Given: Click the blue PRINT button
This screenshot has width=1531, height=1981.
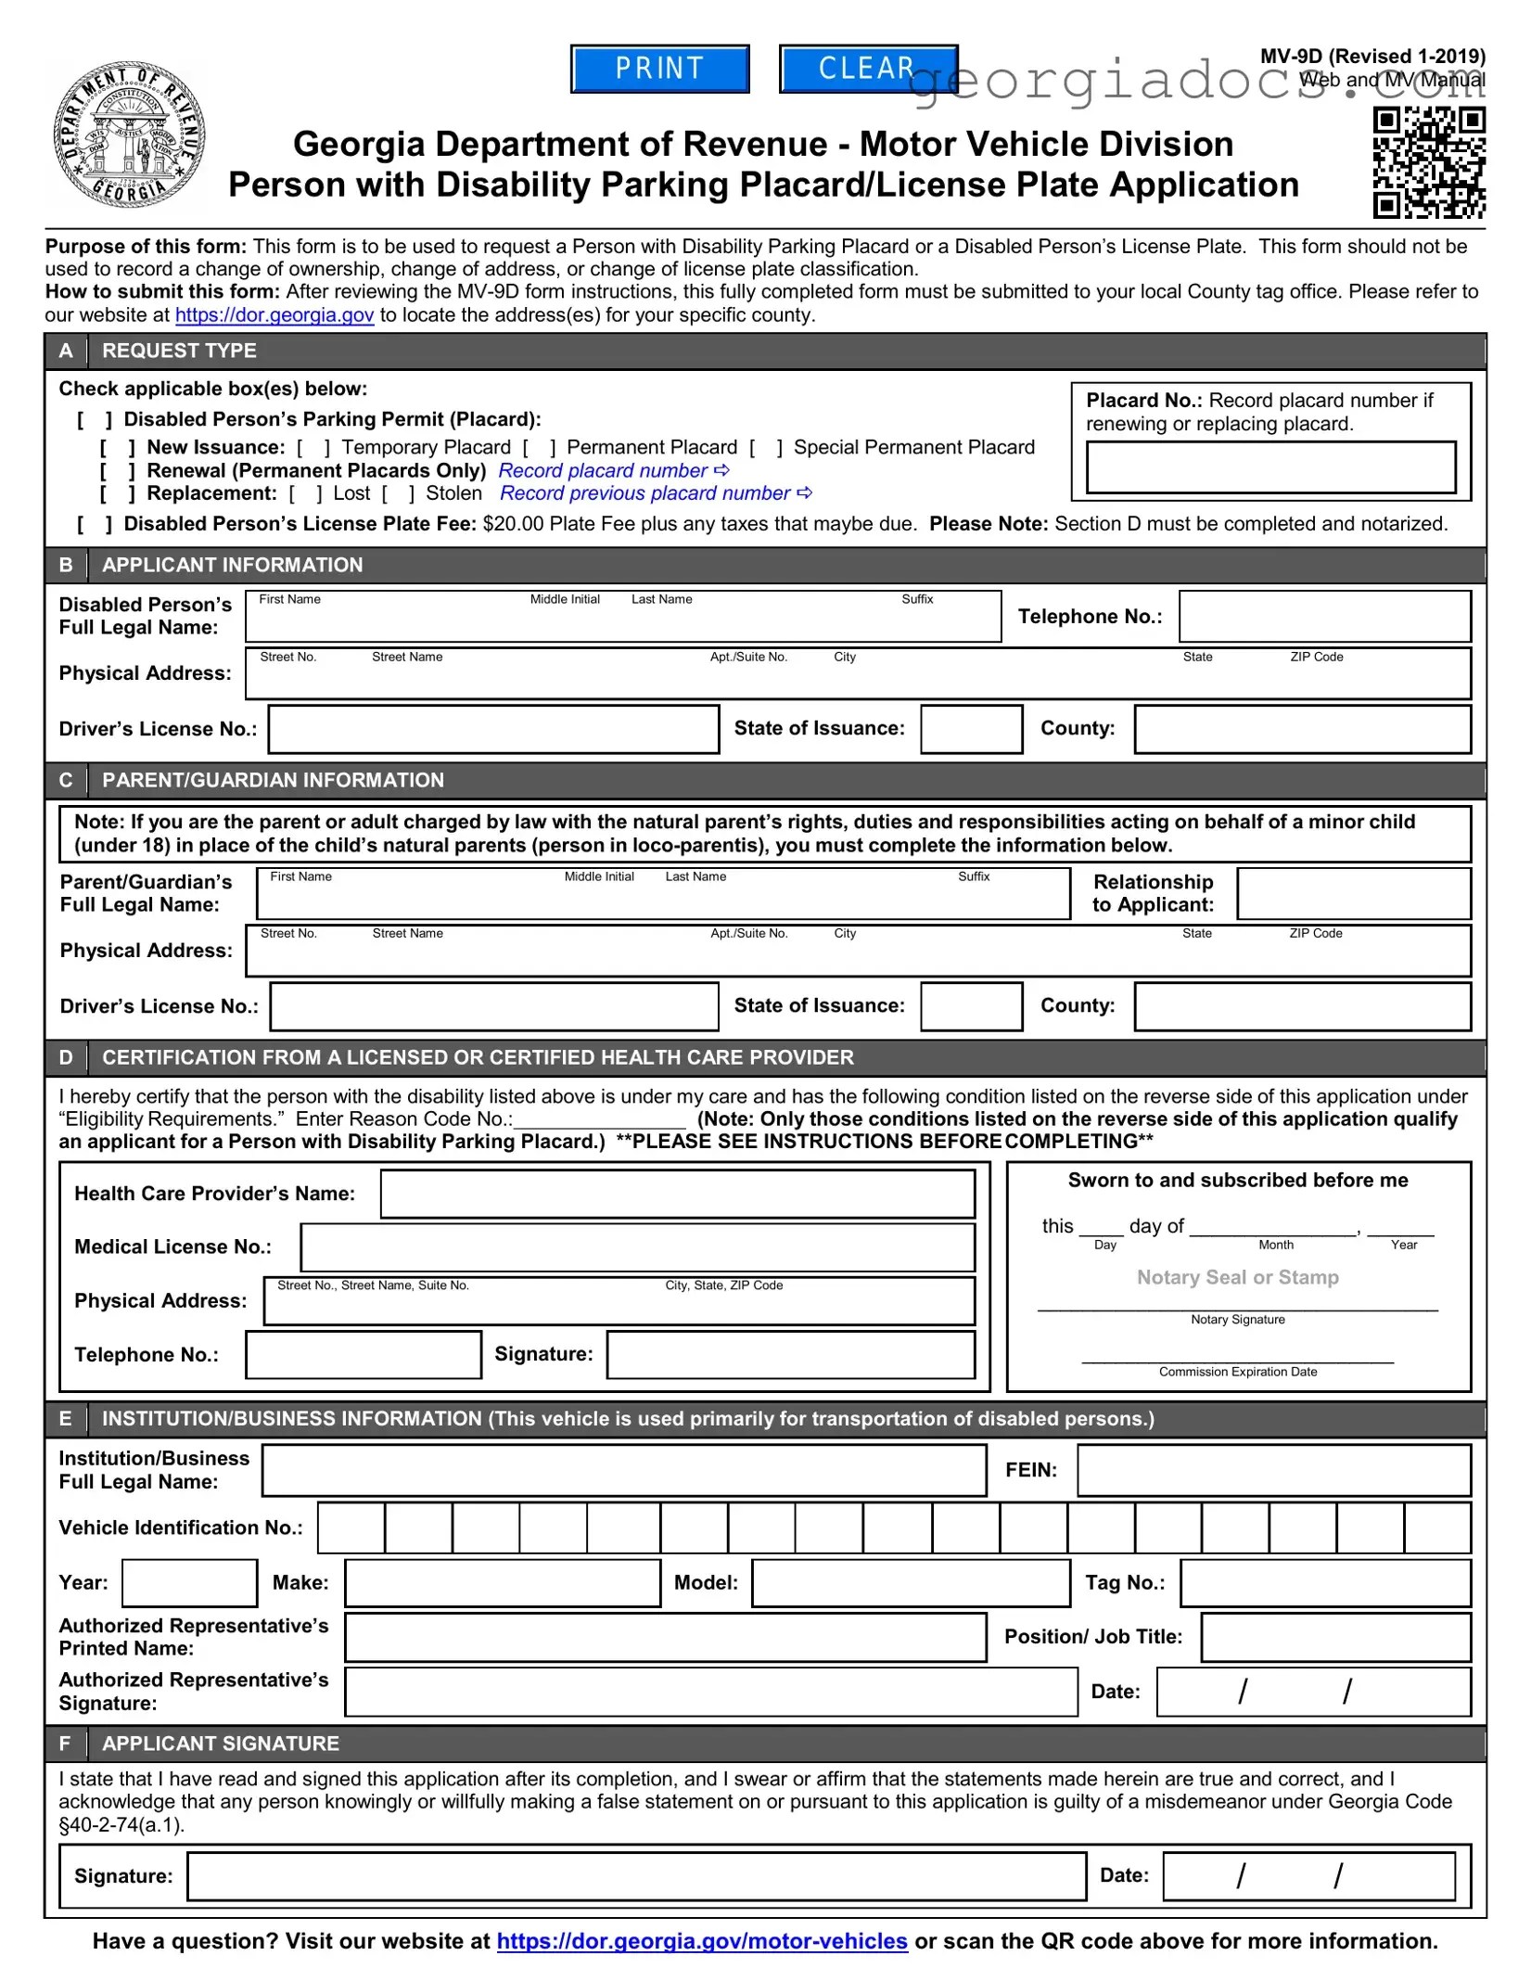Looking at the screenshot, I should point(659,69).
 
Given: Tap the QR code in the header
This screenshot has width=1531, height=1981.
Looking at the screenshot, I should point(1428,162).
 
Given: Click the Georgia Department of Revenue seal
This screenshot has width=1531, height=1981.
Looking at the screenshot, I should point(129,135).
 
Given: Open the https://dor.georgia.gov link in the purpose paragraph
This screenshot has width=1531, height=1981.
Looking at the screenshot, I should point(274,315).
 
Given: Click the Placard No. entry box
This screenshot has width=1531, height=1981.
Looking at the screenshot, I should point(1270,467).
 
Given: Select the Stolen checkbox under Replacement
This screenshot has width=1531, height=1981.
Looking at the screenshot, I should point(398,494).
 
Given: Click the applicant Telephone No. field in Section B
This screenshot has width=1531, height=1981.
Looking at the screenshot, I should point(1324,617).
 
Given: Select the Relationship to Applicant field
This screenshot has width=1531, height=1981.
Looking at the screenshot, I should point(1353,894).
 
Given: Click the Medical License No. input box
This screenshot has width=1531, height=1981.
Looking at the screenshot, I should point(637,1247).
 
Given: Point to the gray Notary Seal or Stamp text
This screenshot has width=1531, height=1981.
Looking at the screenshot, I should point(1237,1278).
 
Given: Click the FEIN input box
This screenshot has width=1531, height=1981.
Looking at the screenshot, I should point(1273,1470).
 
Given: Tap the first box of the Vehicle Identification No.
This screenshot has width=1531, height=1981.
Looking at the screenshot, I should point(351,1528).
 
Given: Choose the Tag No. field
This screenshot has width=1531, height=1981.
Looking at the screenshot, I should point(1324,1583).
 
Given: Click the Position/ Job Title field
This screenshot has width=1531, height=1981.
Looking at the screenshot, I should point(1335,1637).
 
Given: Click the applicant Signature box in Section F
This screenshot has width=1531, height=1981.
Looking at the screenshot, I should point(636,1876).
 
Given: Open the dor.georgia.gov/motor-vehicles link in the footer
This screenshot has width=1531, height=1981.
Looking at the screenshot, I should point(701,1942).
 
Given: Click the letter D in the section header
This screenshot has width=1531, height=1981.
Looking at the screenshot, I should point(66,1058).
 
